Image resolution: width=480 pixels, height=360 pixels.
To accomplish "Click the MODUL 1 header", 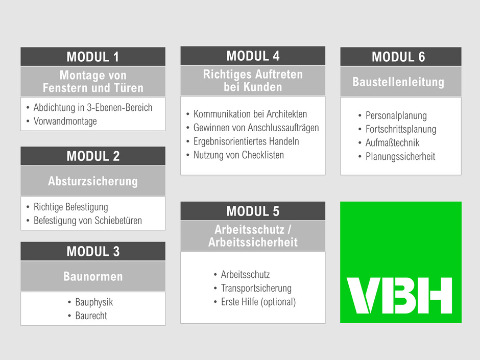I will [x=93, y=57].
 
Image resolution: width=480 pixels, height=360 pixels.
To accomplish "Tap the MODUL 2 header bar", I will [x=93, y=156].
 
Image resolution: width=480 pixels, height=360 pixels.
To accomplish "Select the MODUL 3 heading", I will [x=93, y=251].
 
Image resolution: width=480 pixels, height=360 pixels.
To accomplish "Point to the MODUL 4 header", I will [x=253, y=56].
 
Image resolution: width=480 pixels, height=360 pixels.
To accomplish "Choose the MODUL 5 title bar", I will [x=253, y=211].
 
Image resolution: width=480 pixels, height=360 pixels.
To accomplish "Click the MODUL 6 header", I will [x=401, y=57].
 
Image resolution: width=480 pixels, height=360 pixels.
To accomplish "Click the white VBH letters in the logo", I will [x=399, y=296].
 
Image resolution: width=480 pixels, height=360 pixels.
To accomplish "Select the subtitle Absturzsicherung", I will [x=93, y=181].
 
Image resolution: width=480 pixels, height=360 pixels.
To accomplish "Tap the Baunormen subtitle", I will [x=93, y=276].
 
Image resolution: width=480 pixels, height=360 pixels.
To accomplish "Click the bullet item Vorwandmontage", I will [x=65, y=122].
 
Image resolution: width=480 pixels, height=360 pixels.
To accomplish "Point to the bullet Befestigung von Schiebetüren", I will [x=87, y=221].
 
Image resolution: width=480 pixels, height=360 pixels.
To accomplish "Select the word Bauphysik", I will [x=94, y=302].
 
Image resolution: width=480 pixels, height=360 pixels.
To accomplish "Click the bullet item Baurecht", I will [x=91, y=316].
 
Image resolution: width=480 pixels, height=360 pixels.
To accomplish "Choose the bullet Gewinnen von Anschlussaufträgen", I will [x=256, y=128].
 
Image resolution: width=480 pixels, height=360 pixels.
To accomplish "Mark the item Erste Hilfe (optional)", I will [x=258, y=302].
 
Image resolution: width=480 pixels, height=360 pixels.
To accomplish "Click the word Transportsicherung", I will [x=256, y=288].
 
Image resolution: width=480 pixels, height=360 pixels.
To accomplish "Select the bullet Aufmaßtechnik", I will [x=392, y=143].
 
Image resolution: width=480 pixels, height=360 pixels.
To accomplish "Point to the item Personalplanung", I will [x=396, y=116].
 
